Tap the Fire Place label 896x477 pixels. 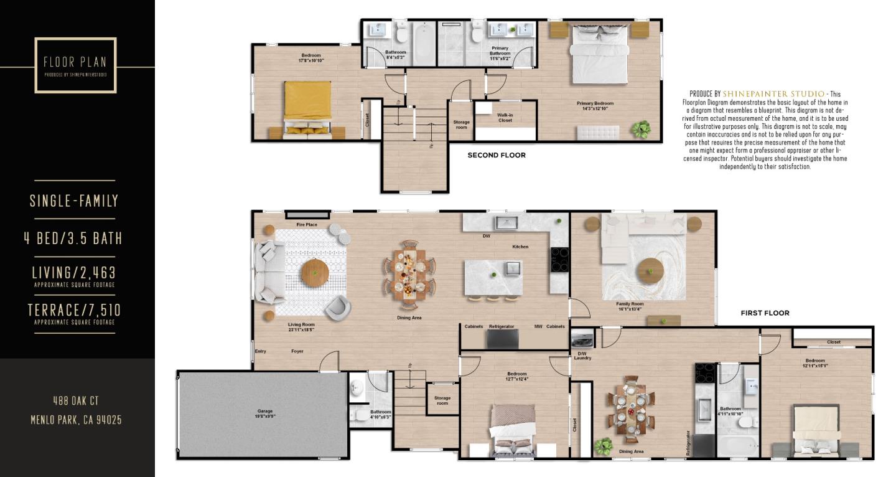tap(307, 224)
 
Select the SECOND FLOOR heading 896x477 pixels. tap(497, 155)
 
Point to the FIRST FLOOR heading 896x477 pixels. tap(765, 313)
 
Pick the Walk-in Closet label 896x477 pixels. tap(505, 118)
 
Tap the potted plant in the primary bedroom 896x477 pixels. tap(640, 129)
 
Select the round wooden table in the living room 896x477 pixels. tap(315, 272)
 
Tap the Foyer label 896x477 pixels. tap(297, 351)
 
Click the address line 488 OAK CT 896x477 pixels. tap(76, 400)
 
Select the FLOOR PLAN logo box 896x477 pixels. tap(75, 65)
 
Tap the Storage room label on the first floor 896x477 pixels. tap(442, 400)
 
